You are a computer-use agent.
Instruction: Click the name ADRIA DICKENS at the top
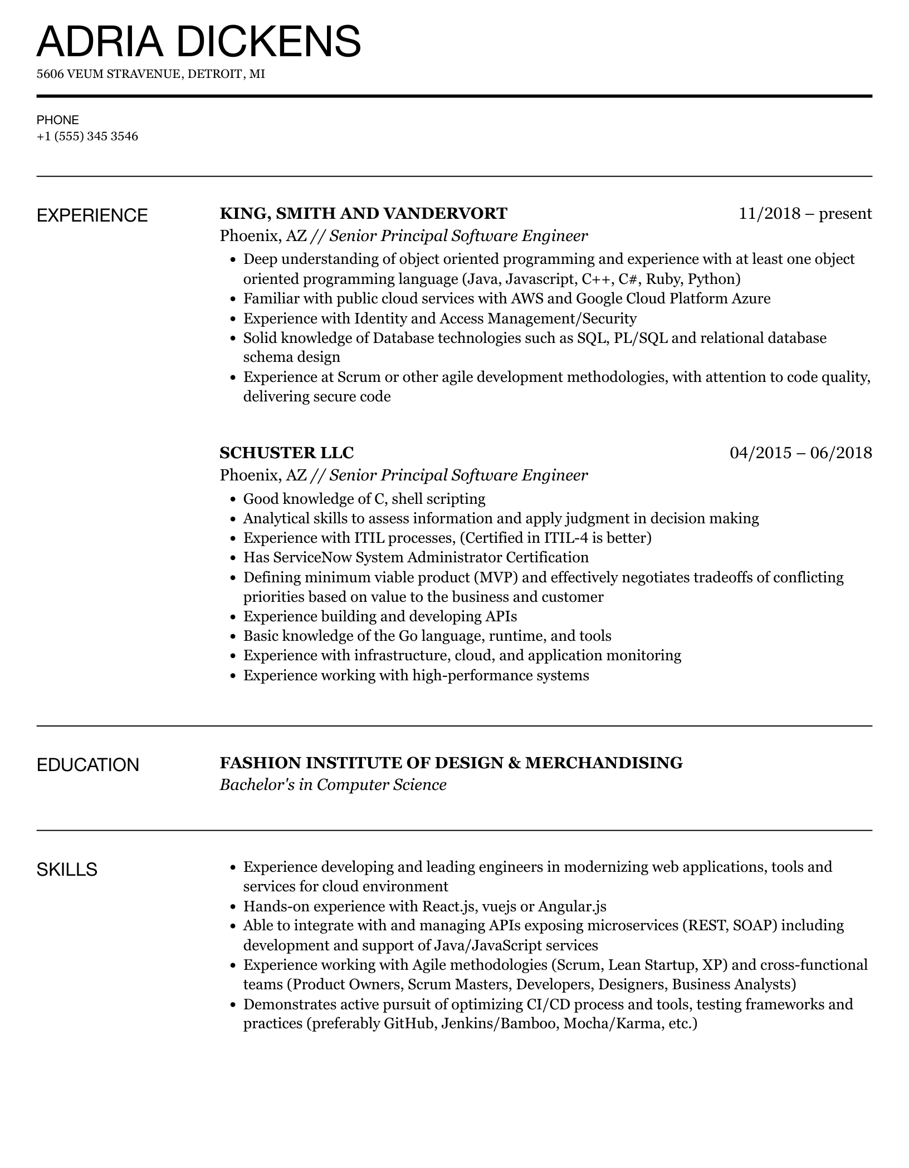pyautogui.click(x=199, y=42)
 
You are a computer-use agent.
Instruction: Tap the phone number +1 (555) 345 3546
pyautogui.click(x=87, y=136)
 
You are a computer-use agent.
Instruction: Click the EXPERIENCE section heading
pyautogui.click(x=92, y=215)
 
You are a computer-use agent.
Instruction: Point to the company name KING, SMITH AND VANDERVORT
pyautogui.click(x=363, y=213)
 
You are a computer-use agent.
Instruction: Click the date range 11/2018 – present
pyautogui.click(x=805, y=213)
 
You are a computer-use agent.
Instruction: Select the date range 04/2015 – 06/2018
pyautogui.click(x=800, y=453)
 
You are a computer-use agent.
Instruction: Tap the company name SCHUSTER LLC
pyautogui.click(x=286, y=453)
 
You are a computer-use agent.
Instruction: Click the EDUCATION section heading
pyautogui.click(x=87, y=765)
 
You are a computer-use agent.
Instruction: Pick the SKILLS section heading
pyautogui.click(x=67, y=869)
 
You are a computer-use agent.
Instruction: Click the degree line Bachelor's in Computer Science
pyautogui.click(x=333, y=785)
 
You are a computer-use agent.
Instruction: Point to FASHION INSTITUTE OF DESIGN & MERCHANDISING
pyautogui.click(x=451, y=763)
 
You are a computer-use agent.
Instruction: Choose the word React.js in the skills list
pyautogui.click(x=448, y=906)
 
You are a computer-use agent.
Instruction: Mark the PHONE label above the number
pyautogui.click(x=57, y=120)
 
